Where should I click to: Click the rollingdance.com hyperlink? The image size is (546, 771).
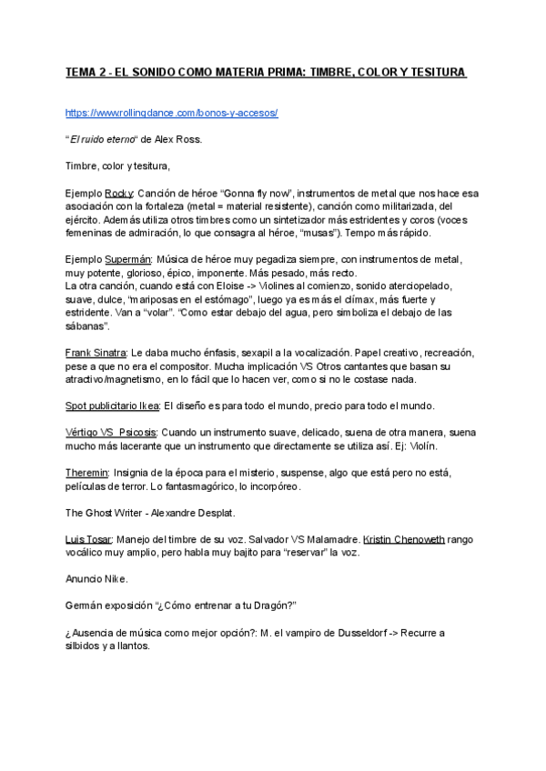coord(171,113)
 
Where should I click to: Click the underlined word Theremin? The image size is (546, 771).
coord(86,473)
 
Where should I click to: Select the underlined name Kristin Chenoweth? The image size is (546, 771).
coord(398,538)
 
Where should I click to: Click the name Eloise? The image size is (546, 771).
coord(212,285)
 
